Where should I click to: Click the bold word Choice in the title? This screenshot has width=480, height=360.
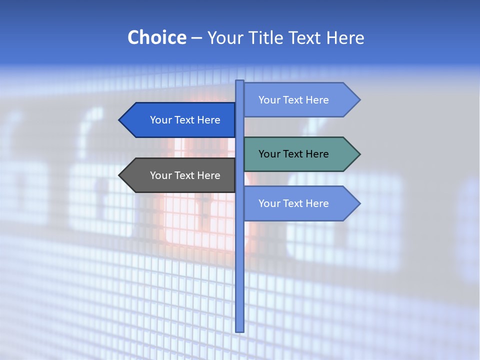[156, 37]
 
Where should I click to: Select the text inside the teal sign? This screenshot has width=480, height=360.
[293, 154]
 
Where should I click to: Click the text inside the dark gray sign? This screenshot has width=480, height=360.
[185, 175]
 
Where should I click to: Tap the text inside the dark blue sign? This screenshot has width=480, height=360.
[185, 120]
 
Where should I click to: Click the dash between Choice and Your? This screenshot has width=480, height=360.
[196, 38]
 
